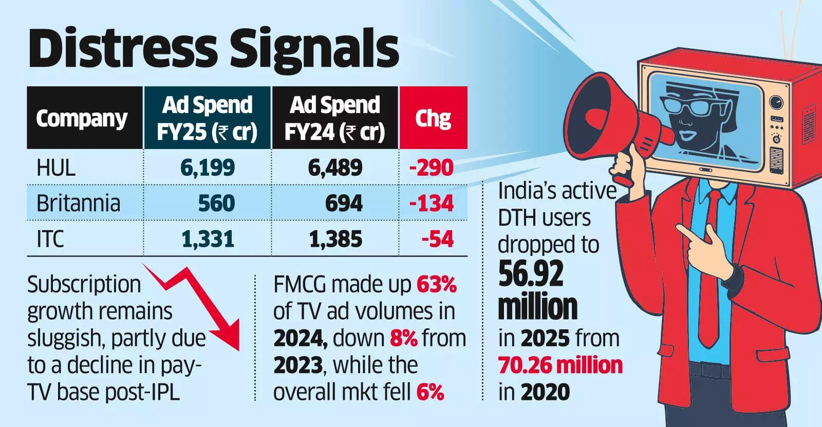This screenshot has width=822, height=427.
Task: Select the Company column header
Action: tap(82, 119)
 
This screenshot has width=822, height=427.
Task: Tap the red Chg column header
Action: tap(433, 119)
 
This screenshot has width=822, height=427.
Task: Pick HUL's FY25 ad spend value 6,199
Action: tap(208, 168)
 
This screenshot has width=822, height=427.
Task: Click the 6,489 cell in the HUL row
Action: tap(335, 168)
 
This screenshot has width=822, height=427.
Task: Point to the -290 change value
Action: tap(432, 168)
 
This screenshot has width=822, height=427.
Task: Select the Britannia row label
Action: tap(78, 203)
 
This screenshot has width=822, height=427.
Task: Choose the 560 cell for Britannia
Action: tap(216, 203)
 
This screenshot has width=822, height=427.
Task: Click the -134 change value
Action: tap(432, 203)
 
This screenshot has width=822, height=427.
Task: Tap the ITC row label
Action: tap(50, 239)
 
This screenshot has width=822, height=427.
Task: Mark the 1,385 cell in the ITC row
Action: tap(335, 239)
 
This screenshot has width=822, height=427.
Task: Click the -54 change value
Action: tap(437, 239)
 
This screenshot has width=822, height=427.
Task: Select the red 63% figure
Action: tap(437, 284)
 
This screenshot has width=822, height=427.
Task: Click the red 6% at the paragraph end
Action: tap(430, 392)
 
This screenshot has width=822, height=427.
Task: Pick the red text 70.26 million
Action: tap(560, 365)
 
